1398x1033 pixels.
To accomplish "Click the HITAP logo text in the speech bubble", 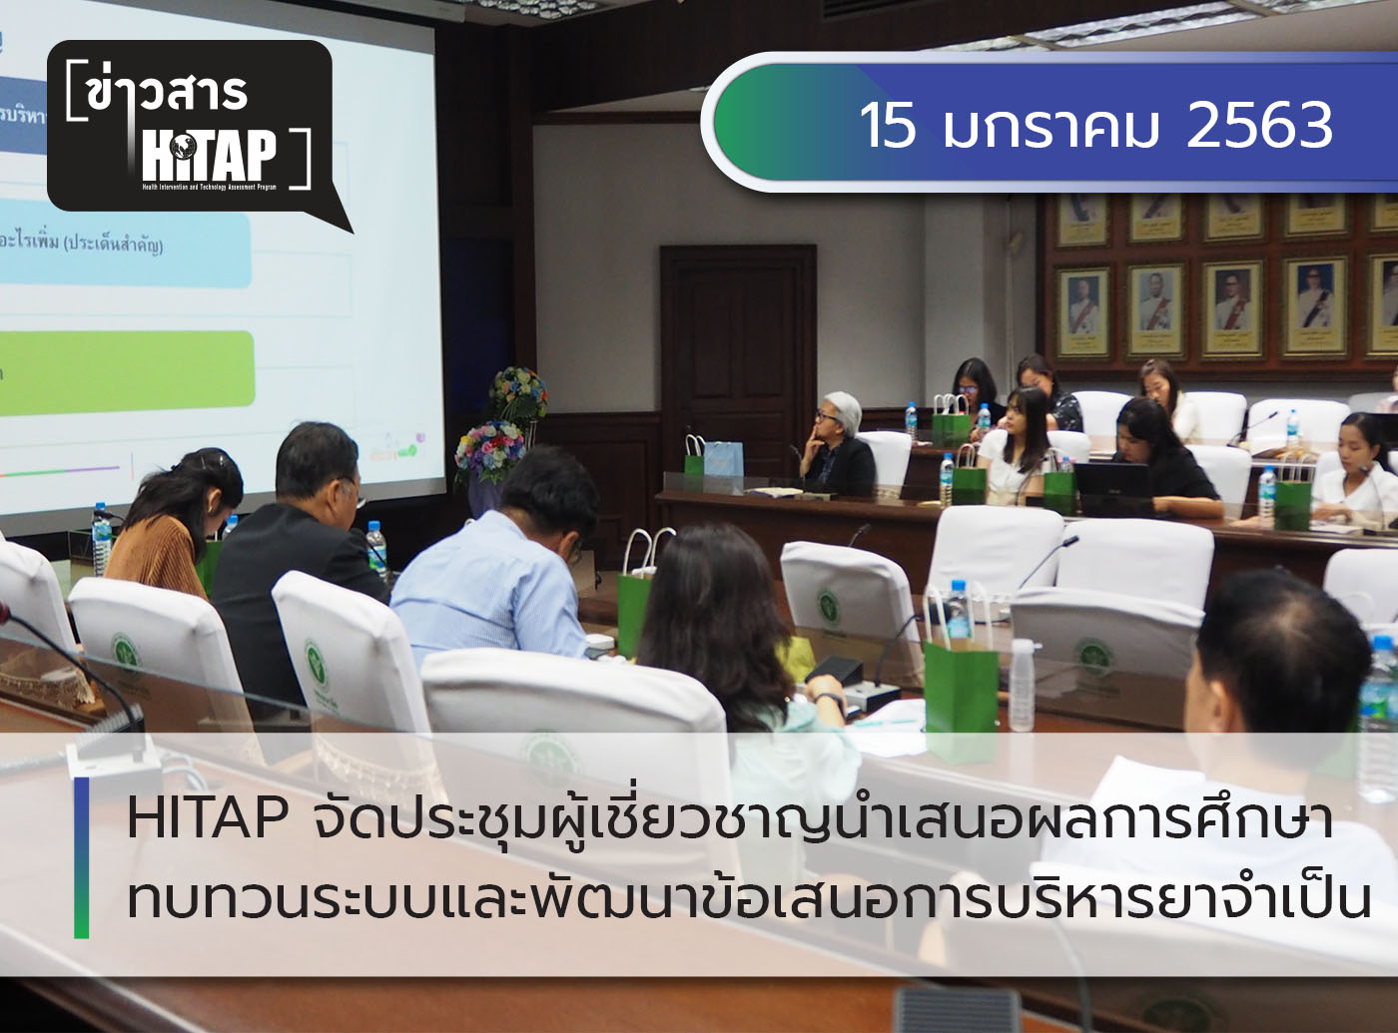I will pos(210,155).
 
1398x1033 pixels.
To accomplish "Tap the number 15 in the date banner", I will pos(887,126).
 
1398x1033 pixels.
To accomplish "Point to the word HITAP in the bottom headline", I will pos(208,818).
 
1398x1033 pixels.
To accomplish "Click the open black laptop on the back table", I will pos(1111,489).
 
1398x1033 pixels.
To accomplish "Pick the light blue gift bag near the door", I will pos(723,460).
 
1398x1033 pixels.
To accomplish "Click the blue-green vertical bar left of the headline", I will pos(81,857).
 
